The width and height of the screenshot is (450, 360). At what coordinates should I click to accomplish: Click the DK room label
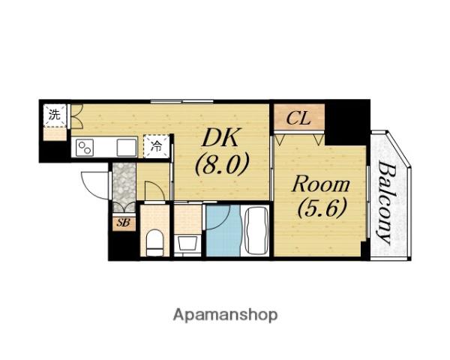tap(220, 138)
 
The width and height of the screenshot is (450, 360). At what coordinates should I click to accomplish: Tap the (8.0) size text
tap(221, 163)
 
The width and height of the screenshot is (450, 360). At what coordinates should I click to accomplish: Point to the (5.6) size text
tap(322, 208)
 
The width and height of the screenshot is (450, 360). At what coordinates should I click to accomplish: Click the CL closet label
tap(298, 118)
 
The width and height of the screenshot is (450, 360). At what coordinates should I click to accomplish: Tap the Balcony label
tap(385, 203)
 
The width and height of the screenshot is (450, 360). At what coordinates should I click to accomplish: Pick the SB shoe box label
tap(124, 223)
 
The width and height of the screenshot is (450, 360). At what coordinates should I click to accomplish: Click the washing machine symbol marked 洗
tap(55, 115)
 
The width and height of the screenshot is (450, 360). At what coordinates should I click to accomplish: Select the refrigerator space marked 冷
tap(157, 146)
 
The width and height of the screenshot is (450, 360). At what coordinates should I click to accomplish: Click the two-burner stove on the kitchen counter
tap(85, 148)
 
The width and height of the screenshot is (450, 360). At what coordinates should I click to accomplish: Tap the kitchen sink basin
tap(127, 148)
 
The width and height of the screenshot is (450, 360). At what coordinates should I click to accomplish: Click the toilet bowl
tap(154, 242)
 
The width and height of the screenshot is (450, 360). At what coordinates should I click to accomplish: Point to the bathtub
tap(257, 230)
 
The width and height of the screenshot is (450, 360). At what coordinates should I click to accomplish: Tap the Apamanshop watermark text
tap(225, 316)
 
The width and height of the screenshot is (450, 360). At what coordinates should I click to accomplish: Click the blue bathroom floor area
tap(223, 230)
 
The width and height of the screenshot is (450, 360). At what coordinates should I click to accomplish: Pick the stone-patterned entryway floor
tap(124, 184)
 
